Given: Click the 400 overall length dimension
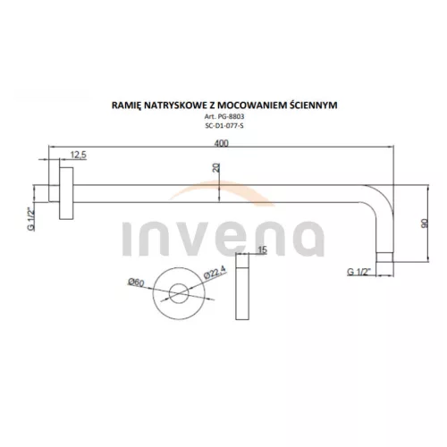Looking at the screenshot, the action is point(221,143).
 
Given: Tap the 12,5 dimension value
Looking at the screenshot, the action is point(78,155).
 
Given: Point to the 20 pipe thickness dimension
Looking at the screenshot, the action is point(216,167).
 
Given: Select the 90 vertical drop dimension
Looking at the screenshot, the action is point(425,223).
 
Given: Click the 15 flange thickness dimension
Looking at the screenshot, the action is point(262,249).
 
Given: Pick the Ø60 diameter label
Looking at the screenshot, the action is point(136,282).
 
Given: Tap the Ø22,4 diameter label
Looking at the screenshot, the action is point(215,272).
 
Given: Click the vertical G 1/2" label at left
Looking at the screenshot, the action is point(31,219).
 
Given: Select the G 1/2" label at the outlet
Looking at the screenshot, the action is point(359,272).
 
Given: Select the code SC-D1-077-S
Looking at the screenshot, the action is point(224,126).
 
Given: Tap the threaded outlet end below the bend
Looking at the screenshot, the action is point(384,257).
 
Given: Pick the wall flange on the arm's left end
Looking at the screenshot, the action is point(66,193).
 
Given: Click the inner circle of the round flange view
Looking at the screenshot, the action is point(179,293).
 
